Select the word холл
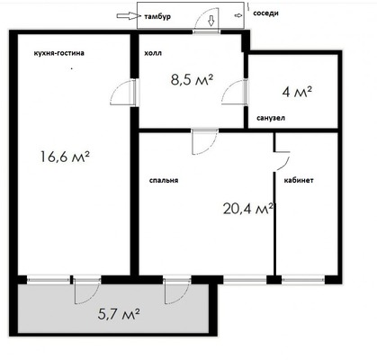click(x=152, y=53)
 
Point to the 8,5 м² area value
click(x=191, y=79)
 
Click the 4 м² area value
click(x=297, y=91)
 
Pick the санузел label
click(x=271, y=119)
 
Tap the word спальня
click(x=164, y=179)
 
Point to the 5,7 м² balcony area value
click(x=118, y=314)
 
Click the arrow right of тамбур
click(x=191, y=15)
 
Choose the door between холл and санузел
click(x=239, y=93)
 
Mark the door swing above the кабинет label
click(x=282, y=157)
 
